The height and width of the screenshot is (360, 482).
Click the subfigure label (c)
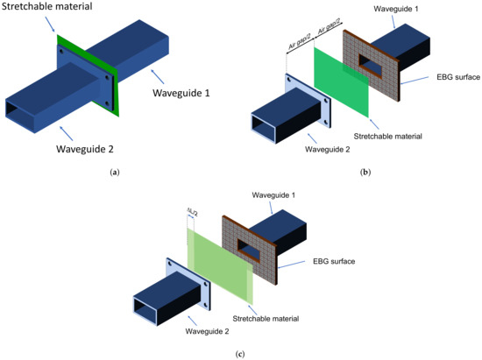240,353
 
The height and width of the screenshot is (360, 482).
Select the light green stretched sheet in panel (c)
218,264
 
